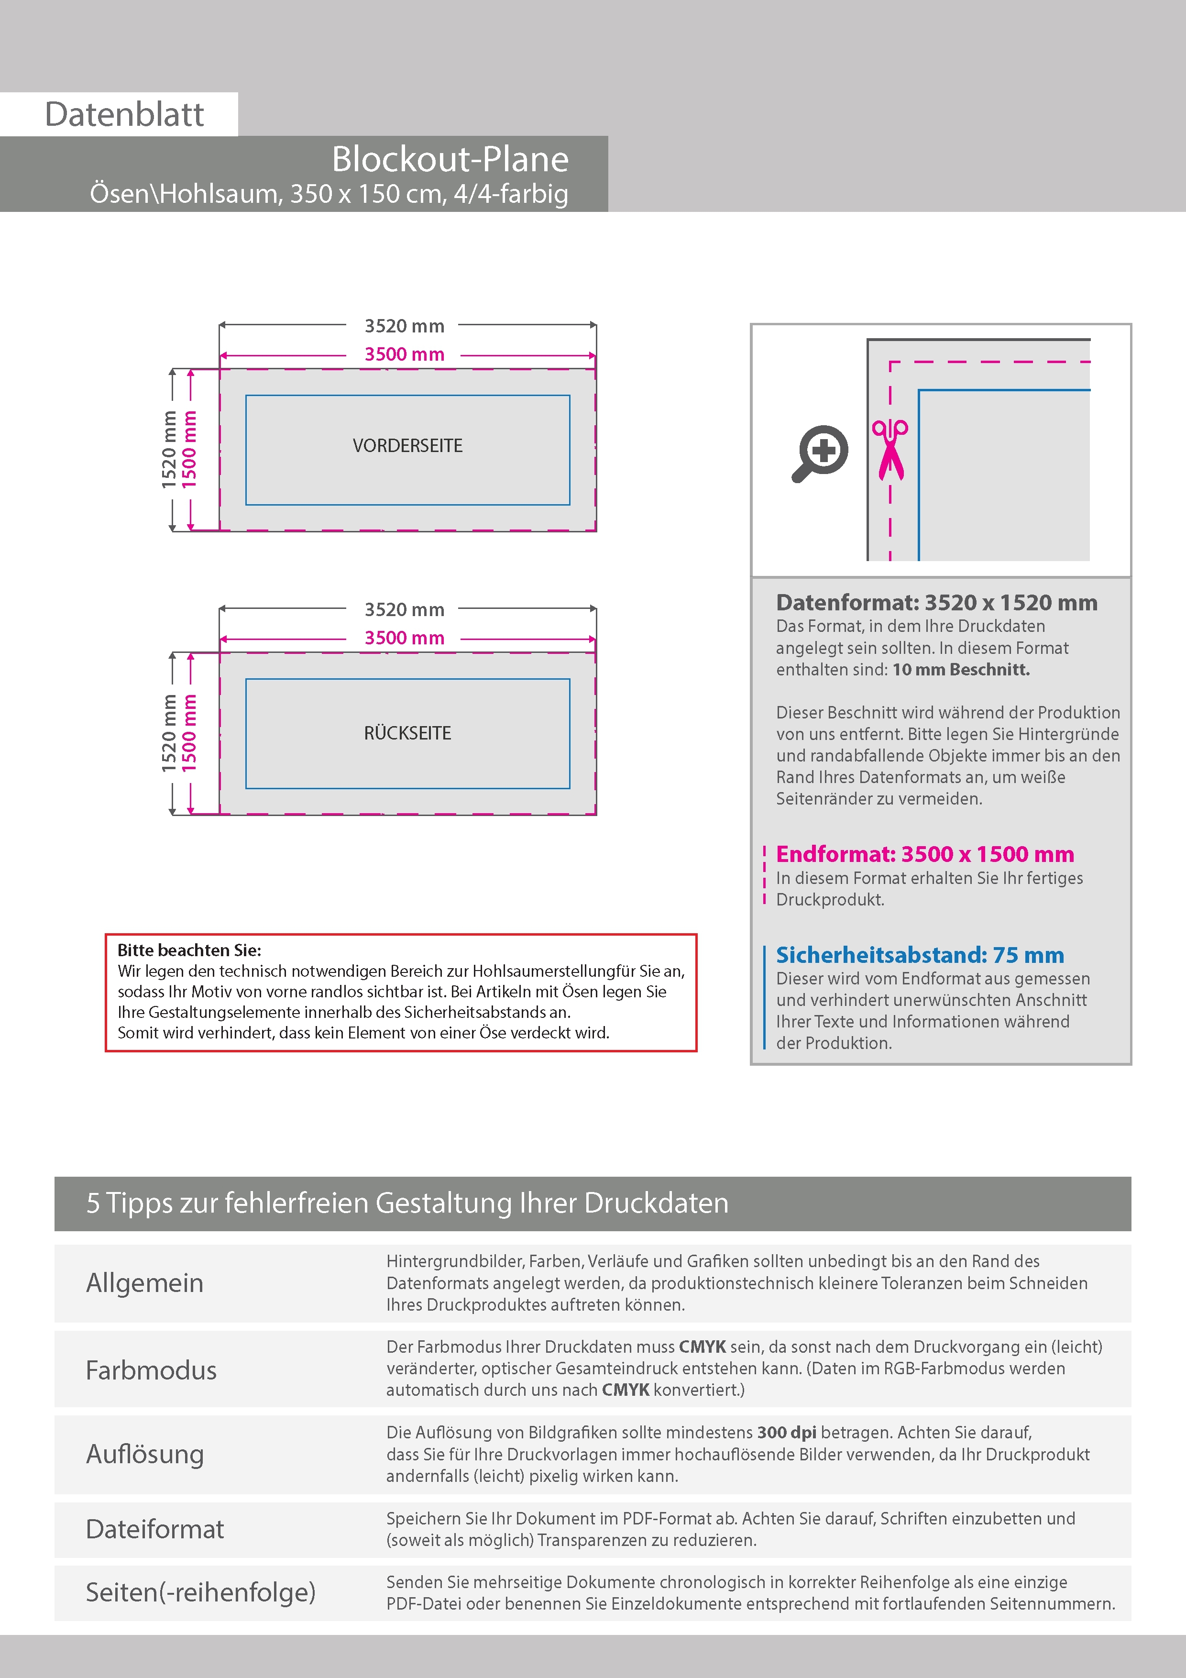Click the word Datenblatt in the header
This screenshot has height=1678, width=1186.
click(x=124, y=114)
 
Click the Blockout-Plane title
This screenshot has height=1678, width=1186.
click(x=450, y=159)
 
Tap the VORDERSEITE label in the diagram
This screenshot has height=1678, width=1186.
click(x=407, y=446)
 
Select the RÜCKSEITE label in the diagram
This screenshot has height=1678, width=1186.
click(x=407, y=733)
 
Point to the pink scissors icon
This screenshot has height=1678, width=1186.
click(x=890, y=450)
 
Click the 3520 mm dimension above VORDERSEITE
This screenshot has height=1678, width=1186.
click(x=404, y=326)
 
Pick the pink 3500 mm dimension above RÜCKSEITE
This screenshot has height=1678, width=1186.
click(x=404, y=638)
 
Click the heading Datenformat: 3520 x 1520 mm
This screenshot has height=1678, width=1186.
click(x=936, y=603)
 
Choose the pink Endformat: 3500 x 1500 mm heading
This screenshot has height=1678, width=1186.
click(x=924, y=854)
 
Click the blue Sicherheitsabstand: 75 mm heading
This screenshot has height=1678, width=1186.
click(x=919, y=955)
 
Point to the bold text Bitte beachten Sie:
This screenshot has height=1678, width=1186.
click(x=189, y=950)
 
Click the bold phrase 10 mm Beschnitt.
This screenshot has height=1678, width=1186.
click(x=960, y=670)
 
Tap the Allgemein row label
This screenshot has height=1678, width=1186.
click(x=145, y=1282)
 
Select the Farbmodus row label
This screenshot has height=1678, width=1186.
click(x=151, y=1369)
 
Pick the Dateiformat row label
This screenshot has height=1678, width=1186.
click(x=155, y=1529)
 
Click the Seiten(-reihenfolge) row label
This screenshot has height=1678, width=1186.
click(x=200, y=1592)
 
